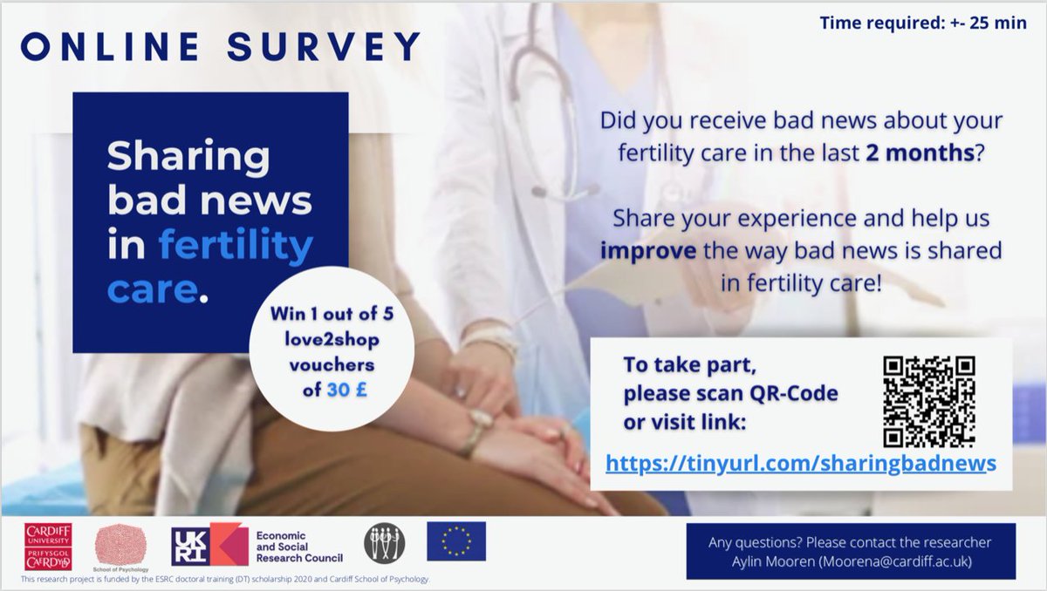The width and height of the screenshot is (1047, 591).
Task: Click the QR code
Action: [x=928, y=402]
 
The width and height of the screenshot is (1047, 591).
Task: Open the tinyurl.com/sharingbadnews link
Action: [x=800, y=464]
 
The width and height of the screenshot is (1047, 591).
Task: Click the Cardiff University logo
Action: [x=48, y=547]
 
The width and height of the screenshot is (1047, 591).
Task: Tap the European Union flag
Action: [x=455, y=541]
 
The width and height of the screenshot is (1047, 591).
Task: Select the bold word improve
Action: [x=645, y=251]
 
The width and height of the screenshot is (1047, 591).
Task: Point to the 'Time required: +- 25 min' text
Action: [x=923, y=23]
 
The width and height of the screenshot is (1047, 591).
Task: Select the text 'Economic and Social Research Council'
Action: [x=296, y=546]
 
